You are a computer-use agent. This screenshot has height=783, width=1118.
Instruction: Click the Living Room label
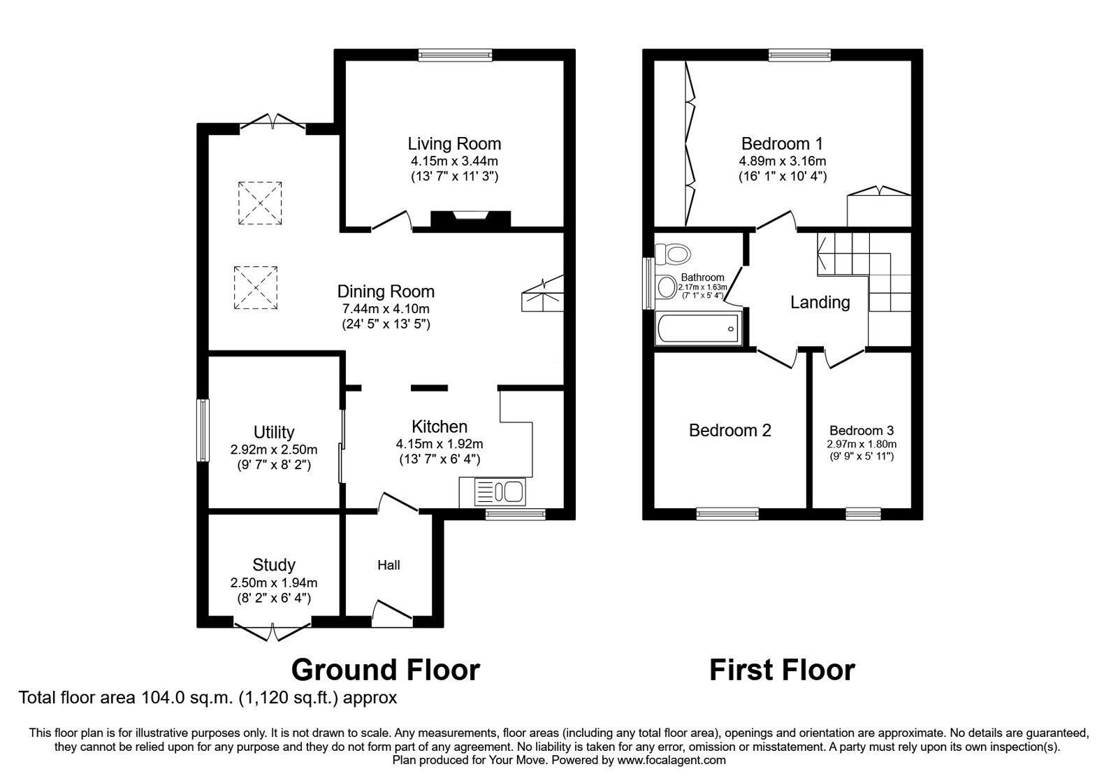click(454, 144)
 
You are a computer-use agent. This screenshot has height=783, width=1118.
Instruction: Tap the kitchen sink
click(500, 492)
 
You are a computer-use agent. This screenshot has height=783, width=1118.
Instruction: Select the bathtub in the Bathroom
click(697, 329)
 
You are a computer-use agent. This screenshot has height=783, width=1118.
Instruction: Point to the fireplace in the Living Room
click(470, 219)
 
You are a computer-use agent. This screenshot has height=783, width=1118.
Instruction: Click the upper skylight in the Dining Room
click(260, 203)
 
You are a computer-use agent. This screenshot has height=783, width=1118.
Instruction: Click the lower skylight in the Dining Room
click(255, 287)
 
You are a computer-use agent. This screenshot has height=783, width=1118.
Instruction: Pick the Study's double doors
click(273, 631)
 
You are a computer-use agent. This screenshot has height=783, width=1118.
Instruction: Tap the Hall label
click(389, 565)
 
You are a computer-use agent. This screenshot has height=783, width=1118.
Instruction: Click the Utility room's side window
click(203, 430)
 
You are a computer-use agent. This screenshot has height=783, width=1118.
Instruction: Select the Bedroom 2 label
click(729, 431)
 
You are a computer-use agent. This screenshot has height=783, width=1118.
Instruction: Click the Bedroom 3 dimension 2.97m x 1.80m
click(862, 444)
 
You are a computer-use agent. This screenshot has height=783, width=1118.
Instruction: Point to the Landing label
click(820, 303)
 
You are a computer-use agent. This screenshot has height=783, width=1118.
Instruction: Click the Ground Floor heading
click(385, 670)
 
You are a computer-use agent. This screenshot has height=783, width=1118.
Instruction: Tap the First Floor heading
click(782, 670)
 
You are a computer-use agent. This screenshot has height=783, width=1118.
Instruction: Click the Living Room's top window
click(455, 55)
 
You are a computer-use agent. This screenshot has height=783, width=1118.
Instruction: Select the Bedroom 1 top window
click(799, 55)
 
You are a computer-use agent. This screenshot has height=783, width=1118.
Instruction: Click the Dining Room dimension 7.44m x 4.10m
click(385, 308)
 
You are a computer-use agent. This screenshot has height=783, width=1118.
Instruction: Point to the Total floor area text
click(208, 698)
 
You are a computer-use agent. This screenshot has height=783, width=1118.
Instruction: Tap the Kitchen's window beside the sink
click(516, 514)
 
